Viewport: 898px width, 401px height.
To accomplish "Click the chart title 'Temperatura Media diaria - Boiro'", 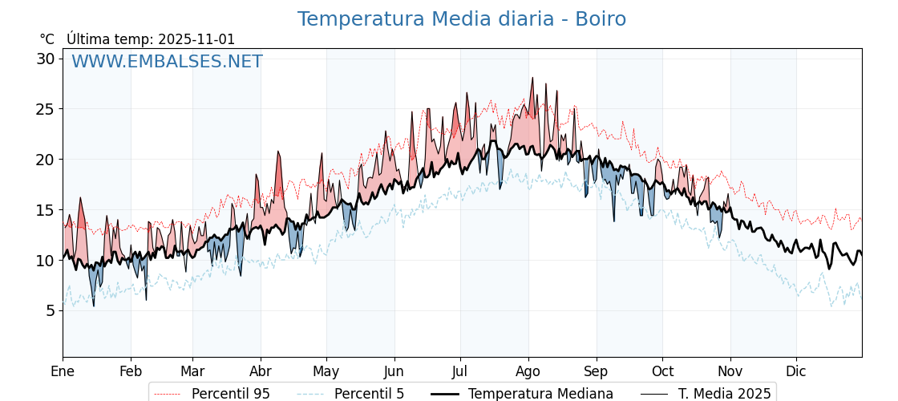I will pyautogui.click(x=461, y=19).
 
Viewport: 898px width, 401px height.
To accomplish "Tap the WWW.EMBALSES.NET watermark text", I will pyautogui.click(x=167, y=62).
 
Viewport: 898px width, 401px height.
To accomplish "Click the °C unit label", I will pyautogui.click(x=47, y=39).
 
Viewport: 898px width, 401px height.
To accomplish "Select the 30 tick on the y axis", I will pyautogui.click(x=45, y=59).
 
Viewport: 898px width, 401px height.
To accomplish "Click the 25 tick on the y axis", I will pyautogui.click(x=45, y=109).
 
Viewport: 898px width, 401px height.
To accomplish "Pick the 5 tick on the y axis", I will pyautogui.click(x=50, y=310).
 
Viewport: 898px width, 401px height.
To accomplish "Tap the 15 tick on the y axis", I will pyautogui.click(x=45, y=210).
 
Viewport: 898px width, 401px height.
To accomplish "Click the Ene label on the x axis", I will pyautogui.click(x=63, y=371).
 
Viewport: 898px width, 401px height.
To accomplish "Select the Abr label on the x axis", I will pyautogui.click(x=261, y=371).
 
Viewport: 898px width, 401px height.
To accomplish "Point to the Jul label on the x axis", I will pyautogui.click(x=460, y=371).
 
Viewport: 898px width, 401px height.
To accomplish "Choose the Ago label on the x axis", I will pyautogui.click(x=528, y=371).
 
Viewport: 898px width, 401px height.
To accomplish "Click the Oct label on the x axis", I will pyautogui.click(x=662, y=371).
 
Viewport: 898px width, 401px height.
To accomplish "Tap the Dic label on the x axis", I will pyautogui.click(x=796, y=371).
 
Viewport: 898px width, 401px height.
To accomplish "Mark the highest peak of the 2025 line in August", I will pyautogui.click(x=532, y=78).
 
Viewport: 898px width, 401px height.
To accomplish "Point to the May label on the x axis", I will pyautogui.click(x=326, y=371).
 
